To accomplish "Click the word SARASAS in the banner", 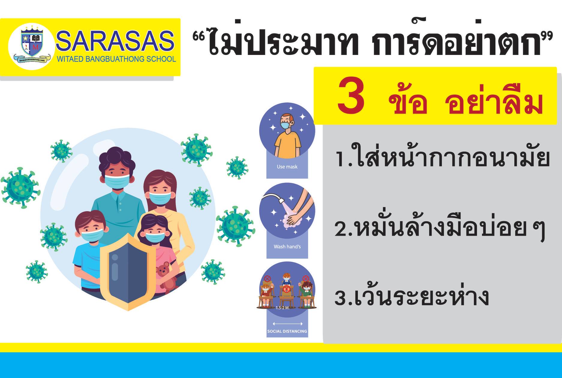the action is pyautogui.click(x=115, y=41).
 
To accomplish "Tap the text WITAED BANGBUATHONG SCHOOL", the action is pyautogui.click(x=116, y=59).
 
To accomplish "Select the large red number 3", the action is pyautogui.click(x=351, y=96).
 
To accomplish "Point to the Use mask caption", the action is pyautogui.click(x=287, y=167).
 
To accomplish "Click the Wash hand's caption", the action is pyautogui.click(x=287, y=246).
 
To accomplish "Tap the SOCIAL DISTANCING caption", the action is pyautogui.click(x=287, y=331).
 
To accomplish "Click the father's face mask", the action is pyautogui.click(x=117, y=182).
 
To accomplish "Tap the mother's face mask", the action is pyautogui.click(x=160, y=198).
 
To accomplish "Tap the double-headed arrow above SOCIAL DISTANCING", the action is pyautogui.click(x=287, y=324).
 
